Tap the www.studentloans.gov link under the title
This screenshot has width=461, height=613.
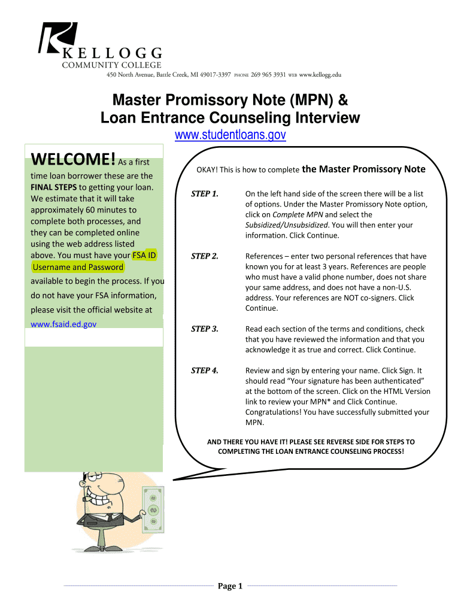pos(230,136)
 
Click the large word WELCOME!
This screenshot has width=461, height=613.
pos(73,160)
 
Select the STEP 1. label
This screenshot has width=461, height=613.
pos(204,193)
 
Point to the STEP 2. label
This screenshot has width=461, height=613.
pos(204,256)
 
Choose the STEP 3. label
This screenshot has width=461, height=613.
pos(204,329)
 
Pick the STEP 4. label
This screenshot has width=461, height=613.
pos(204,371)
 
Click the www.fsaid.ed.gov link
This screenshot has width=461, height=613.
pos(63,324)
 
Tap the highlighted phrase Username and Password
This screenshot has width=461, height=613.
pos(78,267)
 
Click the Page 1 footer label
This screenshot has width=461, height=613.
pos(230,586)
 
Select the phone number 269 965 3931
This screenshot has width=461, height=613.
pos(268,75)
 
